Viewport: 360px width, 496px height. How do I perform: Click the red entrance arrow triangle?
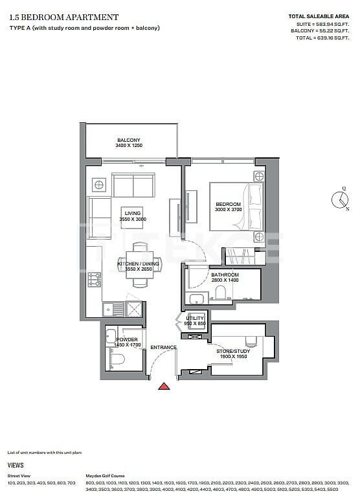(x=165, y=387)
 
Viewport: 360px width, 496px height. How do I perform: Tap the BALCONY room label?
(x=129, y=141)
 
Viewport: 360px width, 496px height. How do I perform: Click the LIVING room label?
(x=133, y=213)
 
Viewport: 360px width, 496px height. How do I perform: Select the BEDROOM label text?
(x=228, y=204)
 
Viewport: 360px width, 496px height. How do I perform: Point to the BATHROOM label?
(x=225, y=275)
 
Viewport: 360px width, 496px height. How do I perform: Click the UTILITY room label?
(x=195, y=319)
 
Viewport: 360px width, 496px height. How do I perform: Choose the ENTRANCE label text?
(x=163, y=348)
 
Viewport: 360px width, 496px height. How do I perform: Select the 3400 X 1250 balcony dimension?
(x=128, y=146)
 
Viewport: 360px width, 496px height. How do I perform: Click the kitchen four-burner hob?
(x=95, y=279)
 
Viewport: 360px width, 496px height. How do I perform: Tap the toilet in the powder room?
(x=117, y=357)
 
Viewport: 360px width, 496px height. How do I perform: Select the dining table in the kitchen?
(x=139, y=265)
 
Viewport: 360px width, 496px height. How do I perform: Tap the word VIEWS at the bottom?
(x=16, y=465)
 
